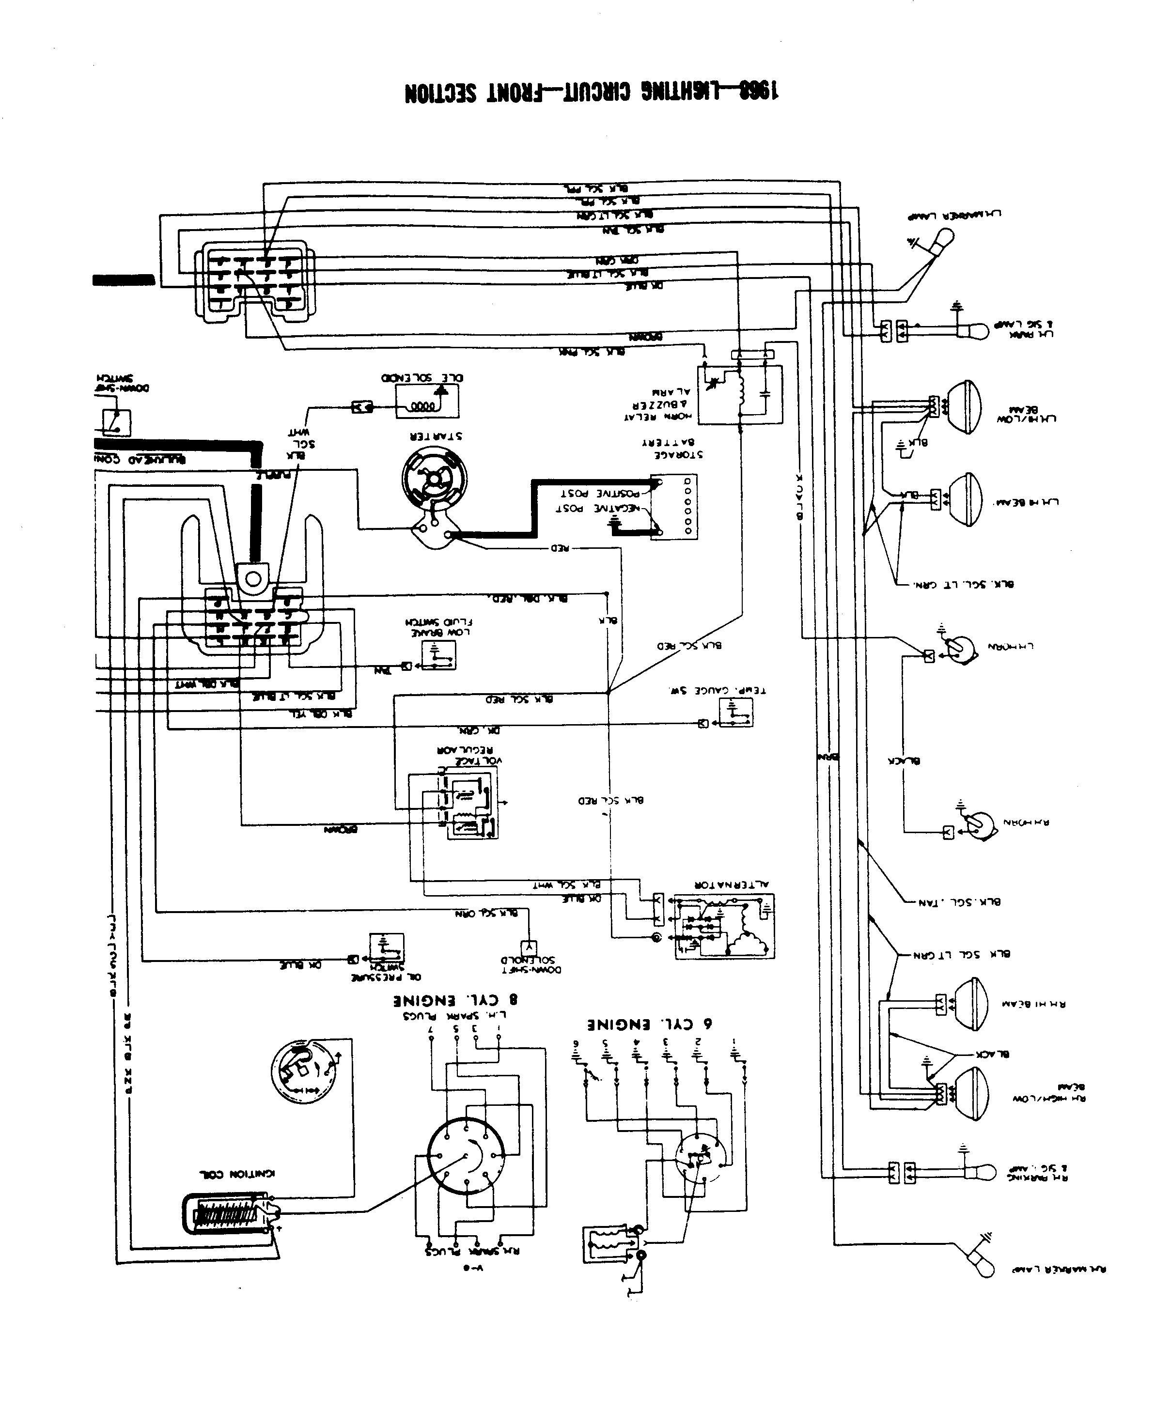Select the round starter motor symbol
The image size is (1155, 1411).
[x=435, y=478]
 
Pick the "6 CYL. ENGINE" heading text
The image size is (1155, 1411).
[x=649, y=1024]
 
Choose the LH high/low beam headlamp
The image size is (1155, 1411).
[x=963, y=407]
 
